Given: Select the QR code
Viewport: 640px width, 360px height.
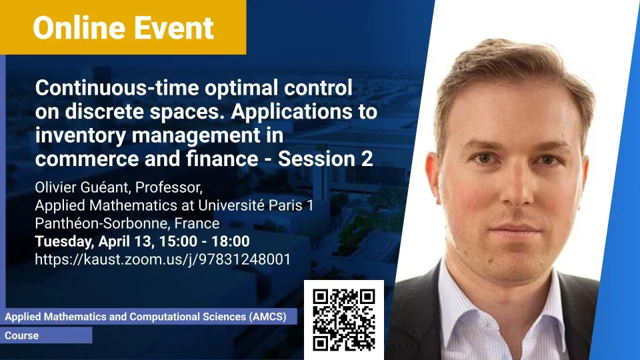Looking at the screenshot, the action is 344,320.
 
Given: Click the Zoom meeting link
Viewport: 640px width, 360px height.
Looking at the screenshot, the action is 163,259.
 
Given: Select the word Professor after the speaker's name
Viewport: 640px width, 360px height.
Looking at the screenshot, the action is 169,187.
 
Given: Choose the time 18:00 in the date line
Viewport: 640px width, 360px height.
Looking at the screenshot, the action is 231,241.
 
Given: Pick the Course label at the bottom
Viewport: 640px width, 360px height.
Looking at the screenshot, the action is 21,335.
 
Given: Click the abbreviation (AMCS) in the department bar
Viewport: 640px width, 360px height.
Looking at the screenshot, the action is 268,317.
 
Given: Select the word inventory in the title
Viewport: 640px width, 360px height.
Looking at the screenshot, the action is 81,135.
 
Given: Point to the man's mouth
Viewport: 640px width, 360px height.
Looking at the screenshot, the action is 516,229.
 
